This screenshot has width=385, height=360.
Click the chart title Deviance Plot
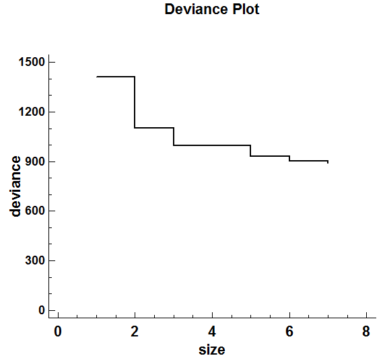click(x=212, y=9)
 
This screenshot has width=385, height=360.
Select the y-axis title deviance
click(x=16, y=186)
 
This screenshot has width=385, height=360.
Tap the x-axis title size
click(x=211, y=350)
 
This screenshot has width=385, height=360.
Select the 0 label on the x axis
click(x=58, y=332)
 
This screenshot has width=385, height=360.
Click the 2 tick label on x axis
click(x=135, y=332)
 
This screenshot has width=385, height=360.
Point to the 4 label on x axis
click(x=212, y=332)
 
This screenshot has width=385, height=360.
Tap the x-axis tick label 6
click(x=289, y=332)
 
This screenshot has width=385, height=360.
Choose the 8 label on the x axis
click(x=366, y=332)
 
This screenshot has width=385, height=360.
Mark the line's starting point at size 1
click(x=97, y=77)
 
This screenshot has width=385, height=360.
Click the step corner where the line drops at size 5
click(x=250, y=145)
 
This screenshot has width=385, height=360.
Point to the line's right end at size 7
click(x=328, y=161)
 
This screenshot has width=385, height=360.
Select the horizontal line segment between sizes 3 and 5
click(x=212, y=145)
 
